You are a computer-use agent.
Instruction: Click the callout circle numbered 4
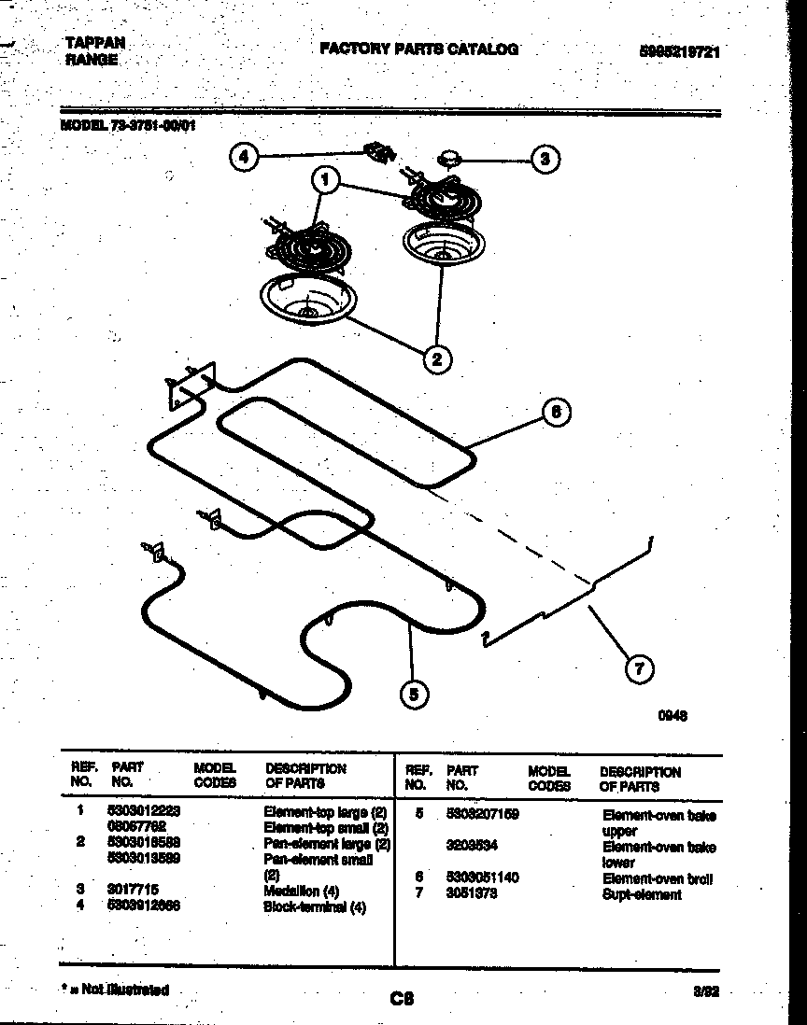pos(244,158)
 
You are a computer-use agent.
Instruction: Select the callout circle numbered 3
pos(546,159)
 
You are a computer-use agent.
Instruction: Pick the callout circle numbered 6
pos(556,412)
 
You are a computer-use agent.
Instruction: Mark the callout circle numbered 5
pos(414,692)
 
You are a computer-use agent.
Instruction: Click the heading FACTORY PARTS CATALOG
pos(418,49)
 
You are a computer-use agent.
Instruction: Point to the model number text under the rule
pos(129,125)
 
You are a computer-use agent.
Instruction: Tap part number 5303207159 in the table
pos(483,814)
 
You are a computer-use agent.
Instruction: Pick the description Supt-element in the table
pos(642,894)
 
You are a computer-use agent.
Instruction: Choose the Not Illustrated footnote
pos(116,990)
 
